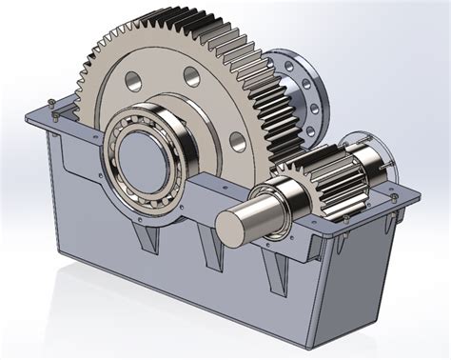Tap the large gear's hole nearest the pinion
tap(235, 142)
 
